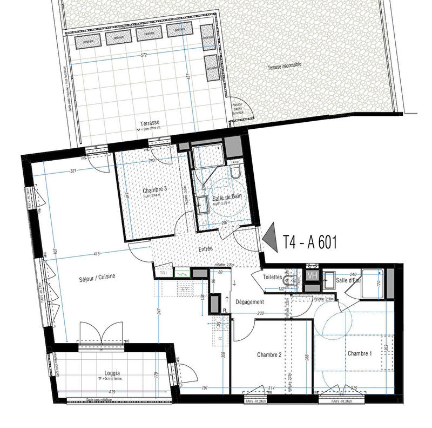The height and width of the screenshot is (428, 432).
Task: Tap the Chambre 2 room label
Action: (x=269, y=355)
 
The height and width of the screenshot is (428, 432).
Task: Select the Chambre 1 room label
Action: (x=360, y=353)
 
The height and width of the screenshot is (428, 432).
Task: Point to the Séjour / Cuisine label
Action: (x=97, y=276)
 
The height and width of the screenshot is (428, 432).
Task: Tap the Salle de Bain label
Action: (x=226, y=199)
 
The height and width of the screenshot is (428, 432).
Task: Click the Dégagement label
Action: (x=249, y=302)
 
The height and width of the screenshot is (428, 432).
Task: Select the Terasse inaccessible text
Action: (x=283, y=65)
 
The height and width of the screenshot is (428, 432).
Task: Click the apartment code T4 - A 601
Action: (x=310, y=242)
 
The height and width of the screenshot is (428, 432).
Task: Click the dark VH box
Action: (x=312, y=275)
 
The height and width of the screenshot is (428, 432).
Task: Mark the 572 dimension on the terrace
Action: (x=144, y=56)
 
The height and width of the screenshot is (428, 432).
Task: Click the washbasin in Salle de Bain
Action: (x=203, y=205)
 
